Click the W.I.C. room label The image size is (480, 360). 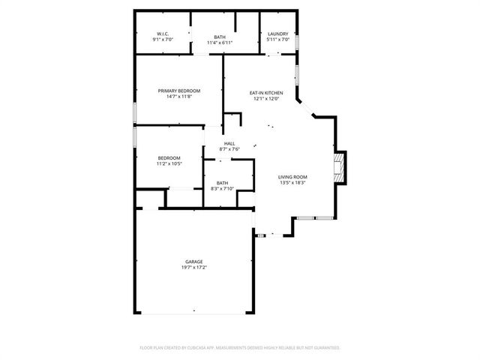pyautogui.click(x=163, y=34)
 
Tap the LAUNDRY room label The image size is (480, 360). pyautogui.click(x=278, y=34)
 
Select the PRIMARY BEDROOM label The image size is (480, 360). pyautogui.click(x=179, y=91)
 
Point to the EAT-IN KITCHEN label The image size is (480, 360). pyautogui.click(x=266, y=92)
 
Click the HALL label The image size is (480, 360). pyautogui.click(x=229, y=143)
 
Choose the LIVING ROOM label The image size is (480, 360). pyautogui.click(x=293, y=176)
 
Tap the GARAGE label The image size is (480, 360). pyautogui.click(x=194, y=262)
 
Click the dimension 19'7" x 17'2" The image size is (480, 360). pyautogui.click(x=194, y=268)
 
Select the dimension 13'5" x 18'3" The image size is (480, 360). pyautogui.click(x=293, y=182)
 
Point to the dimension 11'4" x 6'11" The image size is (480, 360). pyautogui.click(x=220, y=42)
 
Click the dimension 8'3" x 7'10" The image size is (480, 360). pyautogui.click(x=223, y=188)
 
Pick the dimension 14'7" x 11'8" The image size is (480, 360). pyautogui.click(x=179, y=97)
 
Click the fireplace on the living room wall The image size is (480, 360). pyautogui.click(x=340, y=167)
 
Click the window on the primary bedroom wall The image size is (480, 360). pyautogui.click(x=134, y=112)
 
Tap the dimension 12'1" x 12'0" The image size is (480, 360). pyautogui.click(x=266, y=98)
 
